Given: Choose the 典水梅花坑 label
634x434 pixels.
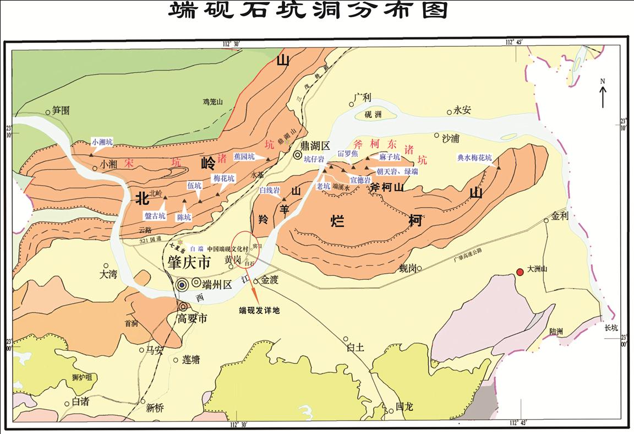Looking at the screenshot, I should click(x=474, y=158).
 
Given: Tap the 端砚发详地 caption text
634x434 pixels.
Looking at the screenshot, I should click(x=259, y=311).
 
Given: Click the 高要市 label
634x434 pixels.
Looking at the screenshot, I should click(x=189, y=319).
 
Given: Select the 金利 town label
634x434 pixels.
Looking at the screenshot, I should click(x=560, y=216).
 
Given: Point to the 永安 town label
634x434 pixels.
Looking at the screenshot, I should click(x=462, y=110).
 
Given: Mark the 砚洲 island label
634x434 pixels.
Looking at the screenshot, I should click(x=372, y=115).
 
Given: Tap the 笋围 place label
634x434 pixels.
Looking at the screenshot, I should click(x=61, y=110).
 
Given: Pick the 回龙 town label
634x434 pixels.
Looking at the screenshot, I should click(x=405, y=407).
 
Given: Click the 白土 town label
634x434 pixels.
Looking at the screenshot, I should click(x=356, y=348).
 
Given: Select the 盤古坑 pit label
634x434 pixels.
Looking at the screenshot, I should click(x=155, y=216).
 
